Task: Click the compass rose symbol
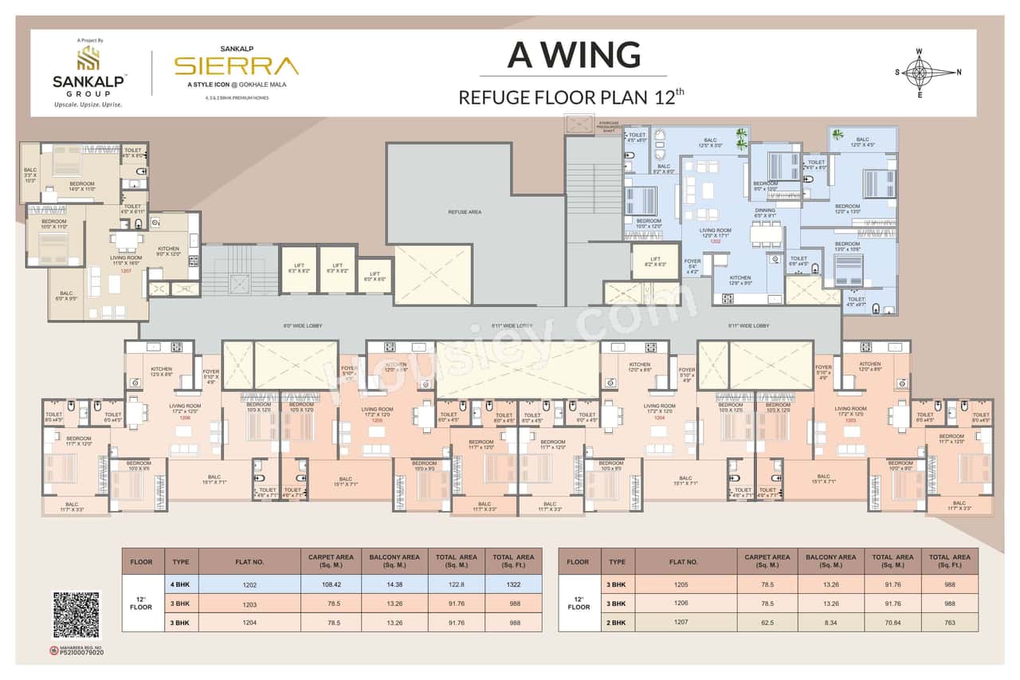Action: [x=919, y=73]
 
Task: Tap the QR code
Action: [x=76, y=615]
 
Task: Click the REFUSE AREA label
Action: [x=463, y=213]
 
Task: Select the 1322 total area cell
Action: [x=513, y=584]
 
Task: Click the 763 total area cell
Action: [x=950, y=623]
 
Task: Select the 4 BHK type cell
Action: [x=182, y=584]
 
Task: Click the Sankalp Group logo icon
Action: [x=88, y=57]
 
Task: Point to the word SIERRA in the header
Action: [x=237, y=65]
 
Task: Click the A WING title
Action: [x=574, y=55]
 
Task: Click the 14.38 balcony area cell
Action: [x=394, y=584]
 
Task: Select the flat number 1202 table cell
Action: [x=249, y=584]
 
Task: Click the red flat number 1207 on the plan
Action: [x=125, y=271]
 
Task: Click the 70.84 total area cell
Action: [x=892, y=623]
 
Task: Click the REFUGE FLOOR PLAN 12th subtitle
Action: [x=571, y=98]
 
